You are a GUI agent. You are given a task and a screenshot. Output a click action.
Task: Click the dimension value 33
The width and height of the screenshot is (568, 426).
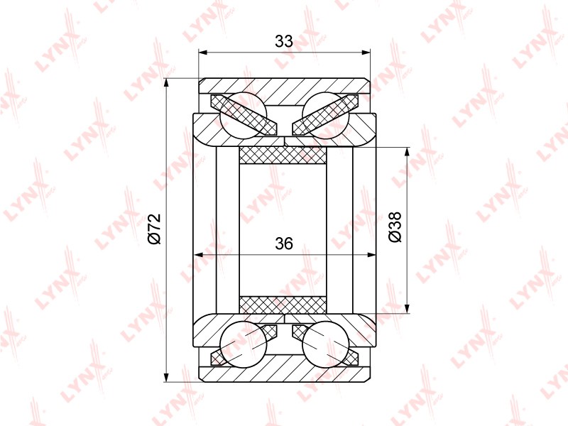(x=283, y=41)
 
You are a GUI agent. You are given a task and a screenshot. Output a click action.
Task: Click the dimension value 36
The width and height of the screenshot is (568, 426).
(x=283, y=244)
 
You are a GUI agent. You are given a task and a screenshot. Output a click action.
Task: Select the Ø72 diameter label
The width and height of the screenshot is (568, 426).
(x=155, y=229)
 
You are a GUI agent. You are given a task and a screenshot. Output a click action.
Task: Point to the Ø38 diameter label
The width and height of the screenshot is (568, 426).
(x=395, y=226)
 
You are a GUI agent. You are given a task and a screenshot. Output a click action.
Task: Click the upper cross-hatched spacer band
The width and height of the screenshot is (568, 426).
(x=283, y=155)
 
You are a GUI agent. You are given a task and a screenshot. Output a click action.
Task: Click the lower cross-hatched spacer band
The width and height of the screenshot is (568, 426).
(x=283, y=305)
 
